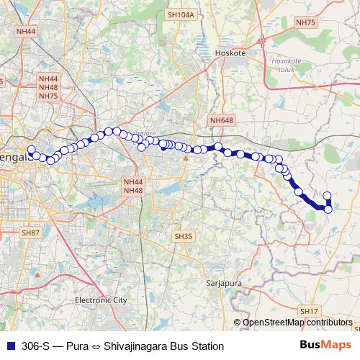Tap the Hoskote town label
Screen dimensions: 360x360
point(230,53)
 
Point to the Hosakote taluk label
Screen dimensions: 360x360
point(286,66)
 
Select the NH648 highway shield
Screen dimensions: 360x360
point(222,120)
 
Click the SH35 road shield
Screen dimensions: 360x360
point(184,235)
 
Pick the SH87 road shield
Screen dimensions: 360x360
point(30,233)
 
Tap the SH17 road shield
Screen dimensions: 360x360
point(309,310)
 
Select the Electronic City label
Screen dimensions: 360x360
point(101,300)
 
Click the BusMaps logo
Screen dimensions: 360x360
point(325,346)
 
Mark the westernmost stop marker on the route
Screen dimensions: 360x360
point(30,150)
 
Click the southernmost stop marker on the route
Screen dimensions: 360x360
point(328,210)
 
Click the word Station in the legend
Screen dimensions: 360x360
point(207,346)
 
